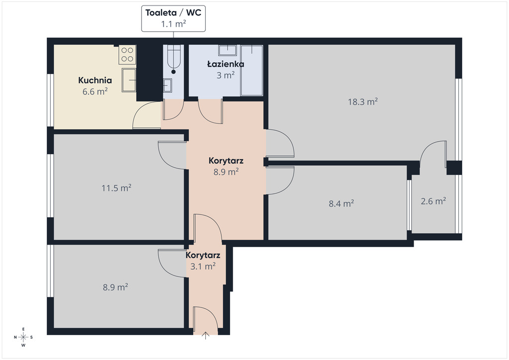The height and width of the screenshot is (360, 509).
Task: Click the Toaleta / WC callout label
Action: point(173,18)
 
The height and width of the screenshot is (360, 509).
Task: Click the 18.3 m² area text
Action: point(362,101)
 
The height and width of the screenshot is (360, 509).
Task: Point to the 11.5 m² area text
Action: point(116,188)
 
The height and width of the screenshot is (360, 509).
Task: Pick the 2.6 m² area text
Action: point(433,201)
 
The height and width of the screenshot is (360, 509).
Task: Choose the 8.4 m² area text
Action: point(341,203)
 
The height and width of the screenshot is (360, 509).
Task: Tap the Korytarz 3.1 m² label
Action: point(203,261)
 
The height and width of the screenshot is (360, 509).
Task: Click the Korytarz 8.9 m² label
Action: point(226,166)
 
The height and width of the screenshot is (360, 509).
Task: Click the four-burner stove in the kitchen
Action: point(127,55)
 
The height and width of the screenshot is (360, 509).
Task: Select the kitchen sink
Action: point(129,80)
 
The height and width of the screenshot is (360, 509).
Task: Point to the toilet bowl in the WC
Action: point(173,57)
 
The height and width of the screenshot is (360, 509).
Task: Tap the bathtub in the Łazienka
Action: point(252,71)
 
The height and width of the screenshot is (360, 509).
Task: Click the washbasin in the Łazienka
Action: point(227,50)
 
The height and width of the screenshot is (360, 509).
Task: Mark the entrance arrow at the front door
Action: point(205,336)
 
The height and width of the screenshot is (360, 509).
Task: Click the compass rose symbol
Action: point(23,337)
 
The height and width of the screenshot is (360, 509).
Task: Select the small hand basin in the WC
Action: point(168,86)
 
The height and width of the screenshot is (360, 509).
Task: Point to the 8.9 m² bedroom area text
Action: point(115,287)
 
